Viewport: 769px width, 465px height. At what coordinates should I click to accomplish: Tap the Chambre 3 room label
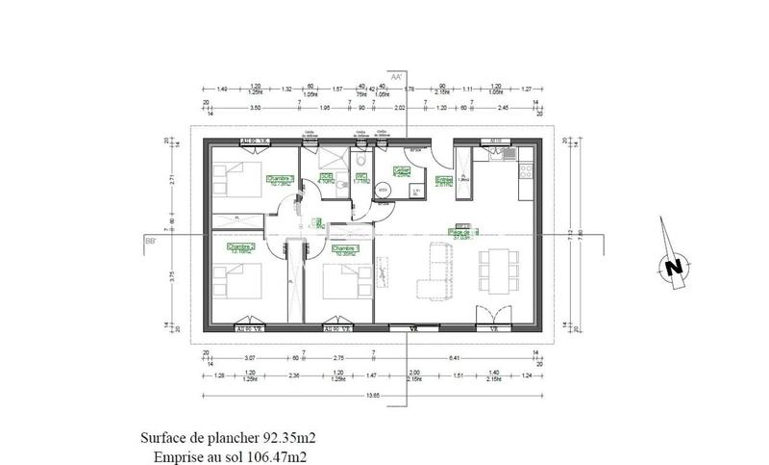280,179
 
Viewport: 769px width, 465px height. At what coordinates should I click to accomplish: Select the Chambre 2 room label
240,247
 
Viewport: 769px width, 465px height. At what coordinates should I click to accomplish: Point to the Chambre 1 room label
344,249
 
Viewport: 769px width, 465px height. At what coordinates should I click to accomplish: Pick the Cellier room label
402,172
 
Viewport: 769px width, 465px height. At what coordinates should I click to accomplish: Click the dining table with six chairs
497,271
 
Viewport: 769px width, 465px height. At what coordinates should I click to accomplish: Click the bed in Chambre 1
340,281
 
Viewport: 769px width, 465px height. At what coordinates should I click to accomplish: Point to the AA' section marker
396,75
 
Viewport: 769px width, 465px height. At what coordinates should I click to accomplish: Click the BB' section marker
151,241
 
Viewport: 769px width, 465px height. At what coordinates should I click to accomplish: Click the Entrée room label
444,180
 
